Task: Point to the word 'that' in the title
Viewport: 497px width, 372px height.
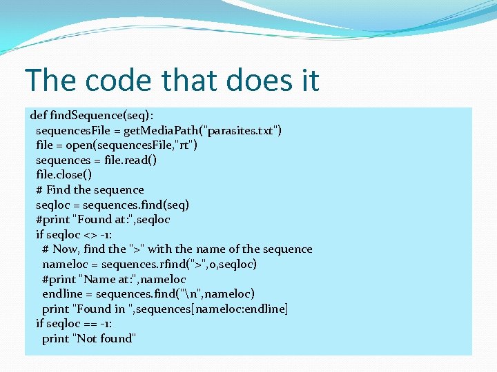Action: [186, 80]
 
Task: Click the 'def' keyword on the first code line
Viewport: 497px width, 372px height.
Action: [39, 115]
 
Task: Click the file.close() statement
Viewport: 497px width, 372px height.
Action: [64, 175]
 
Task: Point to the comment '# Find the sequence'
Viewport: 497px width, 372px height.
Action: [90, 189]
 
